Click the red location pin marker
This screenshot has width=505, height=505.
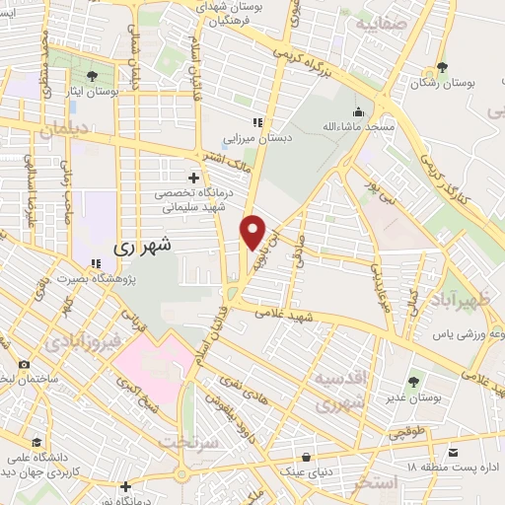point(254,230)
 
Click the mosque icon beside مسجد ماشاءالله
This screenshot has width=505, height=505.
point(357,110)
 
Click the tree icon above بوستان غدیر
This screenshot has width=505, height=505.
point(413,382)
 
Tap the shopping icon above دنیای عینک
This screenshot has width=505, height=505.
point(310,456)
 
